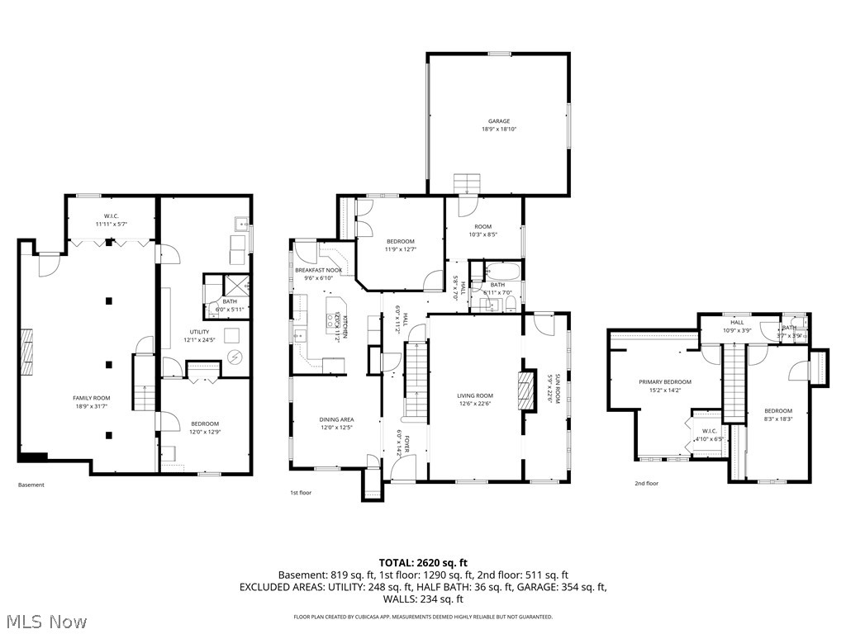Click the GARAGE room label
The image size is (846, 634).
point(498,121)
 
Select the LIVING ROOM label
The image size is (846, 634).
point(475,395)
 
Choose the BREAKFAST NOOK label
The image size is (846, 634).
point(319,271)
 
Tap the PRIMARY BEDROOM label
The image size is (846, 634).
point(664,382)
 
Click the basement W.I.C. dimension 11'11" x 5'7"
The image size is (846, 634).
point(112,224)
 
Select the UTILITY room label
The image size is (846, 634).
point(198,332)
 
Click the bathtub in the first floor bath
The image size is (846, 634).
point(502,271)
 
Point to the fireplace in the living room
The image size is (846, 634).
point(522,384)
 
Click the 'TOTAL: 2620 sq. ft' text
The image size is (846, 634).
point(422,561)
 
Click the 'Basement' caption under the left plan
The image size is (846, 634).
point(31,485)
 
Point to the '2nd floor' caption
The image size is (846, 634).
point(646,483)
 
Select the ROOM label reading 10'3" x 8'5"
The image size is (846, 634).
point(482,226)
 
